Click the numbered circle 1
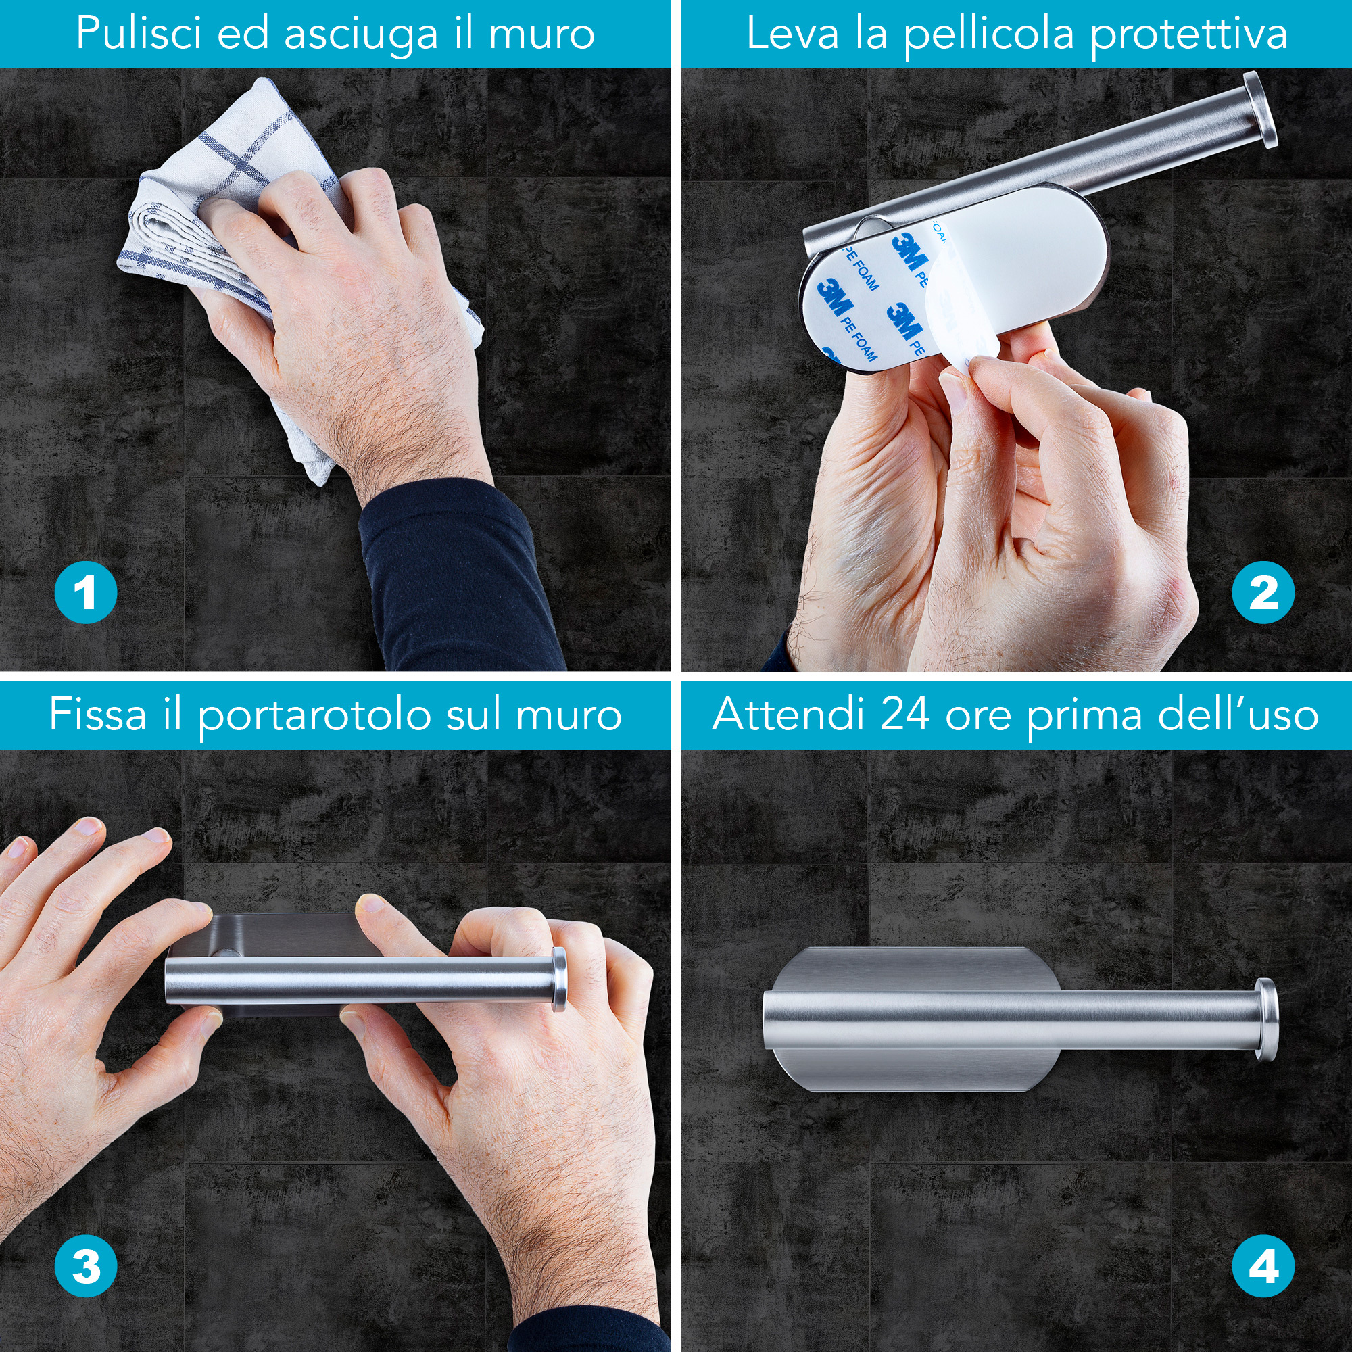tap(85, 593)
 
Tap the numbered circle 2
tap(1263, 593)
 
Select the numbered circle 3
tap(85, 1266)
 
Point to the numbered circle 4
tap(1263, 1266)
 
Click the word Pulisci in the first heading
tap(139, 34)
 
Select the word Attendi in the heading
tap(788, 715)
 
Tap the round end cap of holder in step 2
tap(1259, 110)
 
